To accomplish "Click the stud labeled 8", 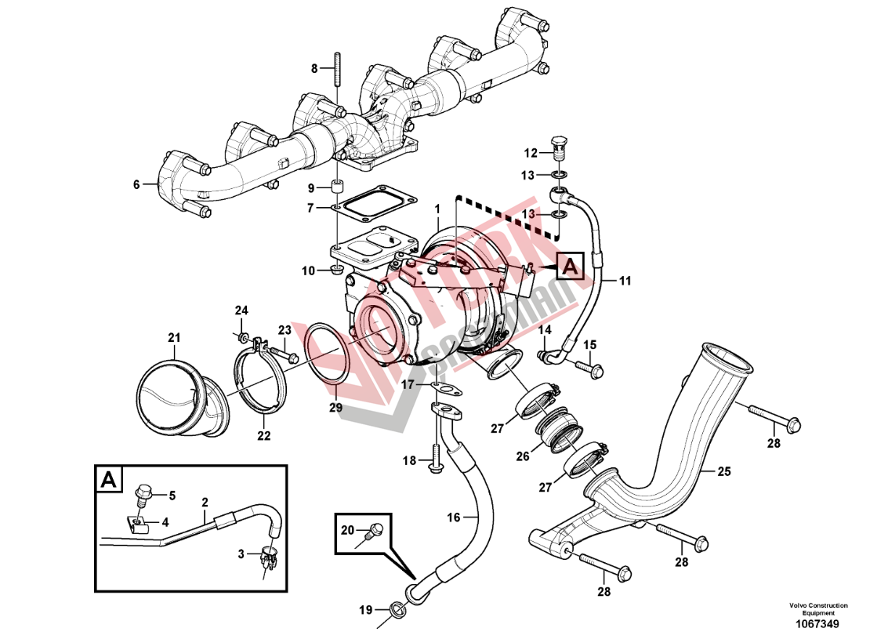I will (337, 69).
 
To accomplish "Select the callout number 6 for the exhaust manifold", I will (136, 185).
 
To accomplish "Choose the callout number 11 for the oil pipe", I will (625, 279).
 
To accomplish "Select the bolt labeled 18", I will (434, 459).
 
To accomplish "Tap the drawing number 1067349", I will (817, 623).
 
